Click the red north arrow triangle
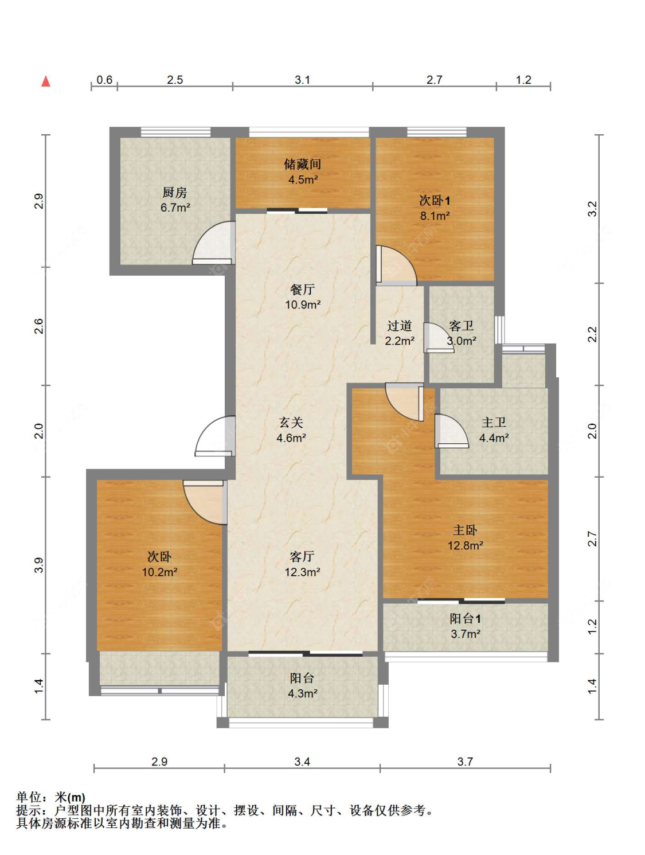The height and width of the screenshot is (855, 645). click(46, 81)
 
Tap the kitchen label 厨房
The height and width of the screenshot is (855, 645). click(175, 192)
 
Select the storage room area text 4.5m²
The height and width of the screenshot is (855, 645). click(303, 179)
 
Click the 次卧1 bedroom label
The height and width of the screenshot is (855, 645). click(435, 200)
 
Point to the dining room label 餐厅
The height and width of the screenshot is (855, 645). click(303, 289)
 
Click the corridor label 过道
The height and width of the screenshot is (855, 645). click(400, 325)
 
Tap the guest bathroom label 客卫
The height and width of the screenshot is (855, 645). click(462, 325)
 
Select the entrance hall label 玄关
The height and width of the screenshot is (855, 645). click(291, 422)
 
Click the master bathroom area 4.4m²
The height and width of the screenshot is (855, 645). click(494, 438)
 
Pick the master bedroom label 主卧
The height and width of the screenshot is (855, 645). click(465, 530)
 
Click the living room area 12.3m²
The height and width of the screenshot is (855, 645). click(303, 572)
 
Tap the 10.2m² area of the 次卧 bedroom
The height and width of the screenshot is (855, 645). click(159, 572)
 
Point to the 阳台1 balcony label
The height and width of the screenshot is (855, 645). click(465, 618)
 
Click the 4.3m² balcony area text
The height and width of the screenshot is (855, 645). click(303, 693)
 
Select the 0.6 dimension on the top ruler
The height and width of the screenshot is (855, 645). click(104, 80)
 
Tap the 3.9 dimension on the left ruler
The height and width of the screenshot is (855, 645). click(39, 565)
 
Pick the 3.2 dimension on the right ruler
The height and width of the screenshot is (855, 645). click(592, 209)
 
